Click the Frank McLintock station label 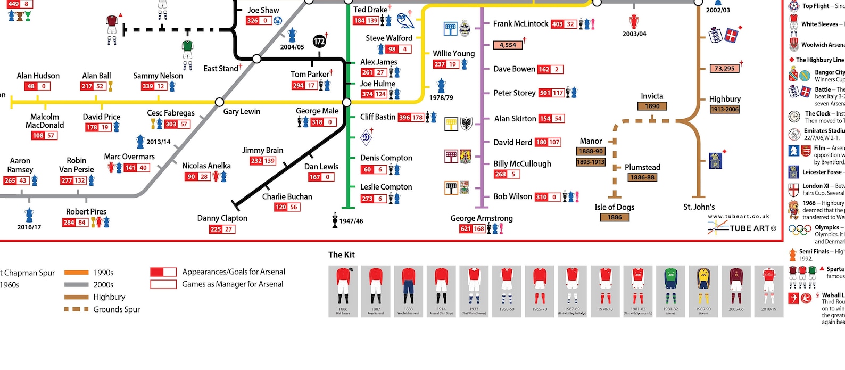coord(520,24)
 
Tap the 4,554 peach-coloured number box coord(508,45)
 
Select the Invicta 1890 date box coord(652,106)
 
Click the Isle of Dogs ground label coord(614,207)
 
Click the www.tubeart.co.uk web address coord(739,217)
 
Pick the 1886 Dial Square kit coord(343,291)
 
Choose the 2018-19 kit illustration coord(768,291)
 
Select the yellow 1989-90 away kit coord(703,291)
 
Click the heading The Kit coord(342,254)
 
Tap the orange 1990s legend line coord(76,273)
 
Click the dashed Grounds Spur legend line coord(76,309)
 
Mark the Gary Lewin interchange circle coord(219,102)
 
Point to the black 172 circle coord(319,41)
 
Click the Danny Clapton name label coord(222,218)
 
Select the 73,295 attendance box coord(724,69)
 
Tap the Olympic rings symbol coord(799,230)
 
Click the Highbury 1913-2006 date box coord(724,110)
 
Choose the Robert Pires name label coord(86,212)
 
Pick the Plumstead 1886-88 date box coord(642,178)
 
